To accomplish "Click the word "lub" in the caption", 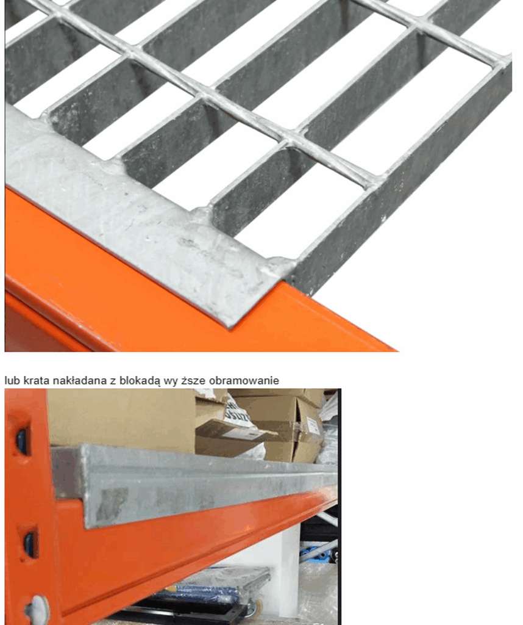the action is [12, 381].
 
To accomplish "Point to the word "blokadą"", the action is [140, 381].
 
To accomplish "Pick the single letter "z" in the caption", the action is [112, 381].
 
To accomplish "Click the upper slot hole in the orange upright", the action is [22, 441].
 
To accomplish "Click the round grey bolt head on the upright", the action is [37, 610].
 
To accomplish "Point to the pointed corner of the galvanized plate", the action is [229, 327].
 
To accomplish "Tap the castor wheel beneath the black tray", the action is [251, 609].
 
